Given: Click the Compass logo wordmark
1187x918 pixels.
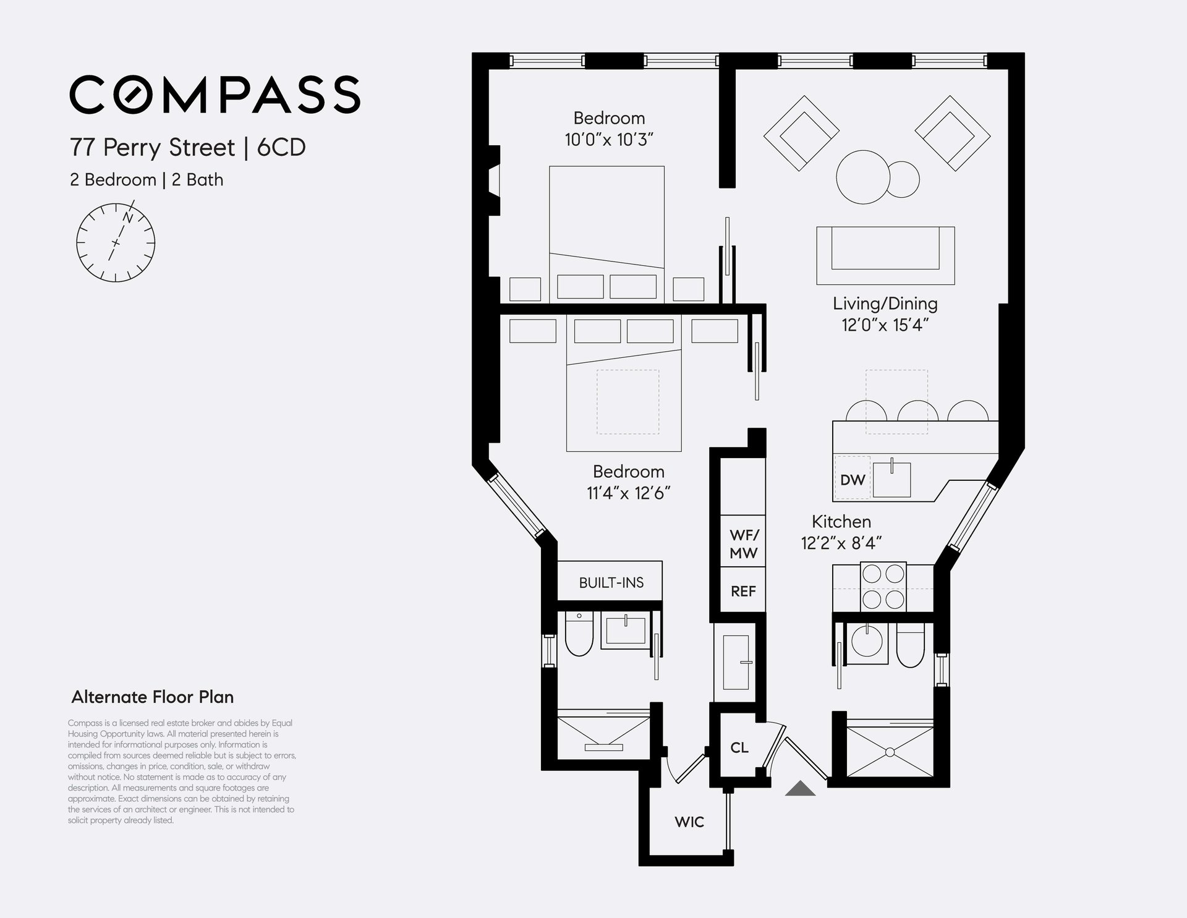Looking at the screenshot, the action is pyautogui.click(x=215, y=95).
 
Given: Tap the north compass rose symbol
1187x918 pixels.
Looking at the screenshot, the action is pyautogui.click(x=116, y=242).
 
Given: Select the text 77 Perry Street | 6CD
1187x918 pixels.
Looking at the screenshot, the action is pyautogui.click(x=188, y=148).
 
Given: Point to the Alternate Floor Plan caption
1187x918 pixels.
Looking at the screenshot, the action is pyautogui.click(x=153, y=697).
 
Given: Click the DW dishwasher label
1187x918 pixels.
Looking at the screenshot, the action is pyautogui.click(x=853, y=480).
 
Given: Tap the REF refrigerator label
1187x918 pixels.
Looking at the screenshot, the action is pyautogui.click(x=743, y=592).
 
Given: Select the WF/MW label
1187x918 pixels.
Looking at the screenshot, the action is pyautogui.click(x=743, y=545).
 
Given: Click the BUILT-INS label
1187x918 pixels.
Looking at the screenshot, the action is pyautogui.click(x=611, y=582).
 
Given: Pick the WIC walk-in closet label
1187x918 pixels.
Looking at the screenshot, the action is pyautogui.click(x=689, y=822).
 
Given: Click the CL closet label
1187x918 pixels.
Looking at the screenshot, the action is pyautogui.click(x=739, y=747).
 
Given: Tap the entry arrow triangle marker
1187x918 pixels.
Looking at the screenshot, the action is pyautogui.click(x=800, y=788).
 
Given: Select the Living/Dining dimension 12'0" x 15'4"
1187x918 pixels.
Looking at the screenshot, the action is pyautogui.click(x=885, y=325).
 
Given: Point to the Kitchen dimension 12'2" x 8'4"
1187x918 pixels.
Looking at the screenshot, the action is pyautogui.click(x=841, y=543).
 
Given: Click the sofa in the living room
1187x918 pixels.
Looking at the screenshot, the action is pyautogui.click(x=885, y=255).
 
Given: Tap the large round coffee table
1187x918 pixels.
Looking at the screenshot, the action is pyautogui.click(x=863, y=177).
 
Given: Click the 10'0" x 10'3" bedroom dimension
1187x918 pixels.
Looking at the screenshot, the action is pyautogui.click(x=609, y=140).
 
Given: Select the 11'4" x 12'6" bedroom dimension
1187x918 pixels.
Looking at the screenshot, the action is pyautogui.click(x=629, y=493).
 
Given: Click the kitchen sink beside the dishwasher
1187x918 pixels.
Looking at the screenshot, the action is pyautogui.click(x=891, y=478).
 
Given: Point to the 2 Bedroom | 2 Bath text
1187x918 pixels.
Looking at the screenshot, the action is pyautogui.click(x=147, y=180).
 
